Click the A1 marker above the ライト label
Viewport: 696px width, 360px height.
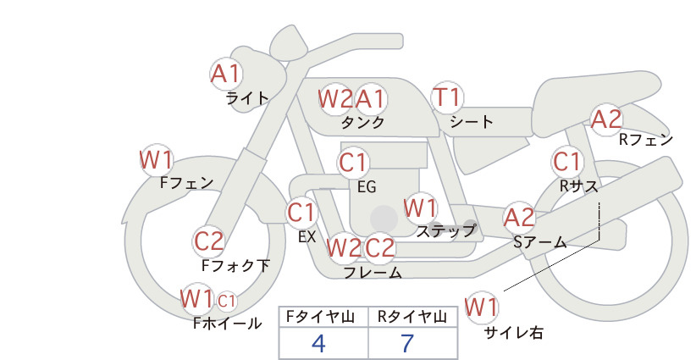(x=226, y=75)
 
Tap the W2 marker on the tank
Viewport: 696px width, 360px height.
(x=335, y=98)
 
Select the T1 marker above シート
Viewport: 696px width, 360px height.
(x=447, y=97)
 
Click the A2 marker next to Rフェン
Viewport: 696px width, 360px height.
(x=606, y=119)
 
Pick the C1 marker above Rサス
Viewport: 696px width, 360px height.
(x=567, y=161)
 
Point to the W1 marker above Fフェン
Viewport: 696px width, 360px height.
(x=156, y=160)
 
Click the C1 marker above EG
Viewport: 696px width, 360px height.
(x=353, y=163)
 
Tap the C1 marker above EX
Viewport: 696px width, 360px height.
(x=301, y=212)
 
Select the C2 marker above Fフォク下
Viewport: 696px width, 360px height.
(x=209, y=241)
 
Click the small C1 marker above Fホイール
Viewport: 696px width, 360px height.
(x=226, y=302)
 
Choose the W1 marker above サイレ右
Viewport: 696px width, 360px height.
(x=481, y=307)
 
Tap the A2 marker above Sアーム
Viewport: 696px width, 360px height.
(x=519, y=218)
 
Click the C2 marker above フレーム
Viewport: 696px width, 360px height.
(x=379, y=247)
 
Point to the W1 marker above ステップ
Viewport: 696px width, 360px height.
(x=420, y=208)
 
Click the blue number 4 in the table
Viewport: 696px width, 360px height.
(x=318, y=343)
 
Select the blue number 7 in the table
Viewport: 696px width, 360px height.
(x=407, y=343)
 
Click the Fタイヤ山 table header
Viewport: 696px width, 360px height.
(x=320, y=317)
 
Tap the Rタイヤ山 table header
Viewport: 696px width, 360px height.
(x=412, y=317)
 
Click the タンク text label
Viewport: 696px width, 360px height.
(x=362, y=122)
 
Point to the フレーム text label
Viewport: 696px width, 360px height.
(x=373, y=272)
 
